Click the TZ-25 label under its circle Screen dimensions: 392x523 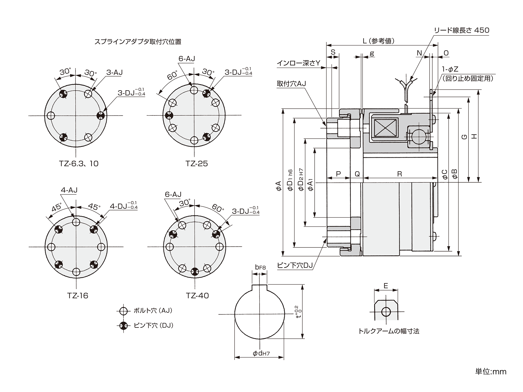tap(196, 164)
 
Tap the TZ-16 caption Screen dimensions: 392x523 tap(78, 295)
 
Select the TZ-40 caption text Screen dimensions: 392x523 tap(197, 295)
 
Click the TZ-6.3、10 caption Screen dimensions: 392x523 tap(78, 164)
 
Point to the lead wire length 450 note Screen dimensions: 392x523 tap(461, 30)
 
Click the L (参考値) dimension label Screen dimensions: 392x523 tap(378, 41)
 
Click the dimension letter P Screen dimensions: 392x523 tap(338, 174)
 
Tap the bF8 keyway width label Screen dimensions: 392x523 tap(260, 267)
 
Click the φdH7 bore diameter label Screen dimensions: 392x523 tap(261, 353)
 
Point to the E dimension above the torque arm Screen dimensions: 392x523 tap(386, 286)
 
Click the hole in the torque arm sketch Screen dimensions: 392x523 tap(386, 312)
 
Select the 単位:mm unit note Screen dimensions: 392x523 tap(491, 372)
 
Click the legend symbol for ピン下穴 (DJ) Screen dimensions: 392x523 tap(123, 325)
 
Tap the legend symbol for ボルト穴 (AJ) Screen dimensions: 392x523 tap(123, 311)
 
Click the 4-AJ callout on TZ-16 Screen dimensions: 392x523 tap(69, 190)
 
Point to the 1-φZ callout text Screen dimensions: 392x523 tap(450, 69)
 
